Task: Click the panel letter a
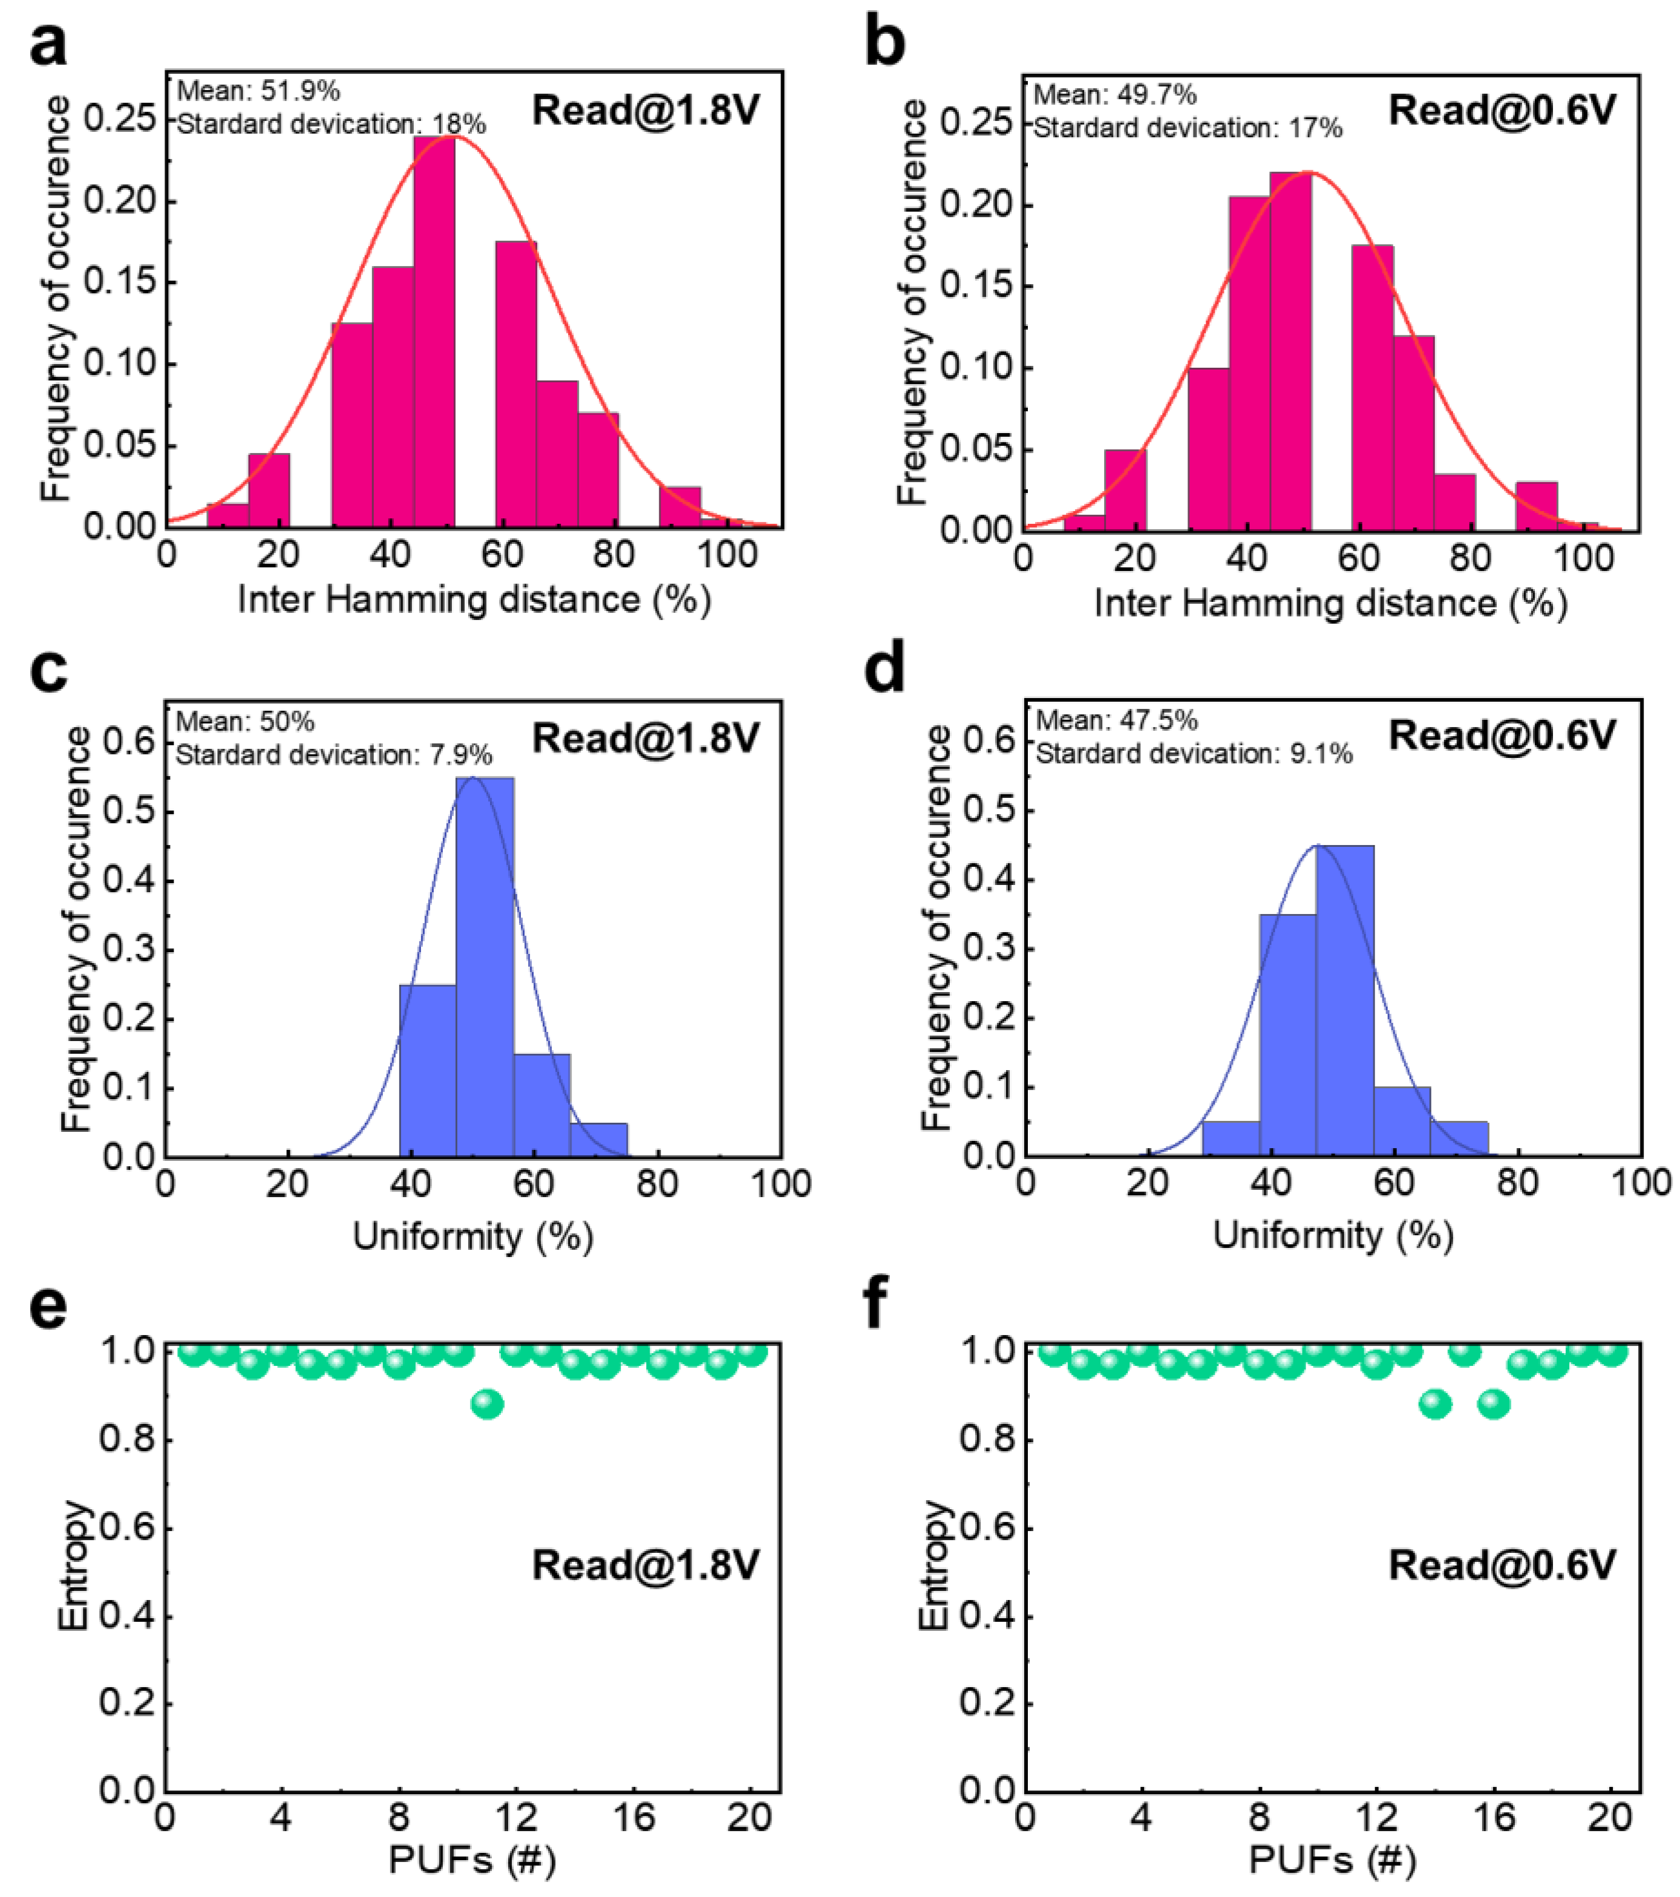pyautogui.click(x=48, y=45)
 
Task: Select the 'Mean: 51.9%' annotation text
pyautogui.click(x=258, y=91)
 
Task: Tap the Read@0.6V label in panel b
pyautogui.click(x=1502, y=111)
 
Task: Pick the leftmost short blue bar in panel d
pyautogui.click(x=1231, y=1139)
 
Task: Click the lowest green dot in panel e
pyautogui.click(x=487, y=1404)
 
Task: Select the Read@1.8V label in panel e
pyautogui.click(x=645, y=1566)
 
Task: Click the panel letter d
pyautogui.click(x=884, y=670)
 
